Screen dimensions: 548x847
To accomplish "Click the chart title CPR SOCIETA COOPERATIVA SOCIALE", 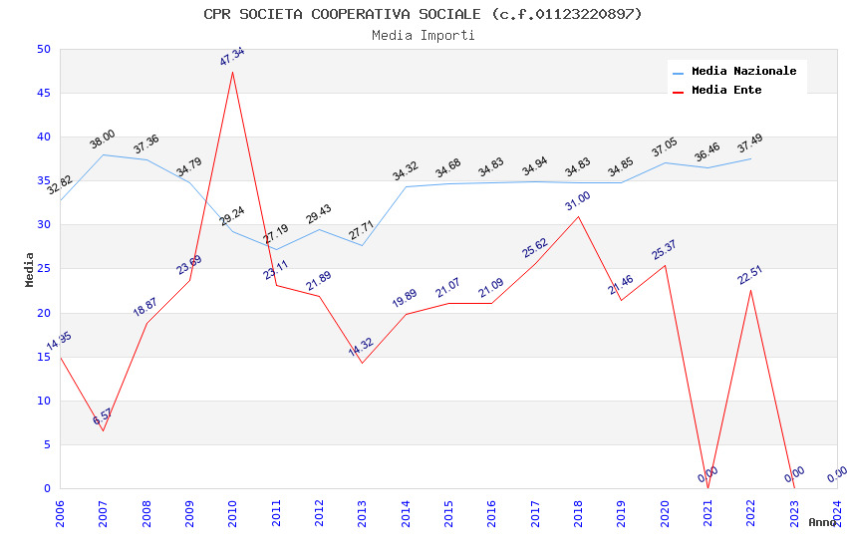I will [423, 14].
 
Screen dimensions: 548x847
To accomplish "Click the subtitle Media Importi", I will [423, 36].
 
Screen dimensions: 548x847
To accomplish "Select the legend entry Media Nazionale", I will [743, 71].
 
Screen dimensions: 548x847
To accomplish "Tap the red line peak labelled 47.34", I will [232, 72].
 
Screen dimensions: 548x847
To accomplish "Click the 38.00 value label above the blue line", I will [103, 139].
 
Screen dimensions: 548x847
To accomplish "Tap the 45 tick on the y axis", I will [43, 94].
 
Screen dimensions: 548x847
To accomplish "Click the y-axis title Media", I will [30, 269].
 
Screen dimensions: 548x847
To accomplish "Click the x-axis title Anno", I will [822, 522].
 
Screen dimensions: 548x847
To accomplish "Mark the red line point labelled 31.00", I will [578, 216].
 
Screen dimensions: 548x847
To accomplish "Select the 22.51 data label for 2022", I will [749, 273].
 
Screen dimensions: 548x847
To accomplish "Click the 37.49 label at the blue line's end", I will [749, 144].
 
